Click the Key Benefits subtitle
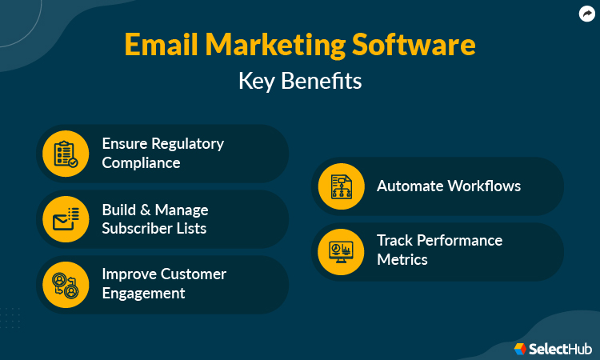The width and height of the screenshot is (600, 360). click(300, 81)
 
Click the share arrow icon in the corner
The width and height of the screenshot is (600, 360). click(587, 13)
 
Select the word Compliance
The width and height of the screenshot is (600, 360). click(141, 162)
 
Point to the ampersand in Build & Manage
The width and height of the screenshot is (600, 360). click(145, 210)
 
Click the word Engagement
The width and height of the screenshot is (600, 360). click(143, 293)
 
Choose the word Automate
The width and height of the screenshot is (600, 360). click(410, 186)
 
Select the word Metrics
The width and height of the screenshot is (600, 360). click(402, 259)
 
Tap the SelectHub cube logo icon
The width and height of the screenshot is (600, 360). click(520, 349)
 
